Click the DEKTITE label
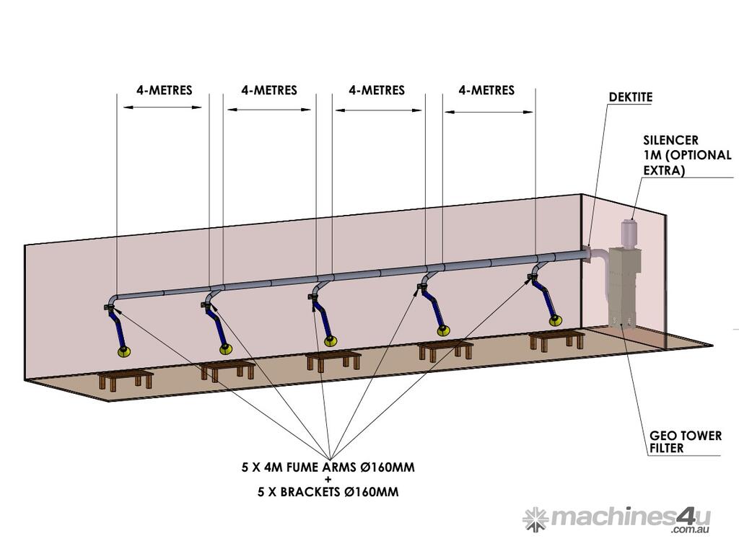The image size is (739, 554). tap(630, 97)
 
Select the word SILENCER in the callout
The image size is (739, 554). tap(670, 140)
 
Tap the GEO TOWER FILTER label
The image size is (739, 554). tap(676, 441)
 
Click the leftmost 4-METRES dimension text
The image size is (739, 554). tap(164, 91)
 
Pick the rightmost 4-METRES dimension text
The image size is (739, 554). tap(486, 90)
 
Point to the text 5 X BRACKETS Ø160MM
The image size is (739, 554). tap(328, 493)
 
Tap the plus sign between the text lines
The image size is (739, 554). tap(328, 480)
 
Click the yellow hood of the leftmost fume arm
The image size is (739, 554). tap(124, 351)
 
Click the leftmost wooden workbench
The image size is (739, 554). tap(125, 380)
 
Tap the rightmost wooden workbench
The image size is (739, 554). tap(556, 339)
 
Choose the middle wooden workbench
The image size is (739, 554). tap(333, 359)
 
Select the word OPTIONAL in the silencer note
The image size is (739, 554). tap(698, 155)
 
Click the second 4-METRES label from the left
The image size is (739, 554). tap(269, 91)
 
